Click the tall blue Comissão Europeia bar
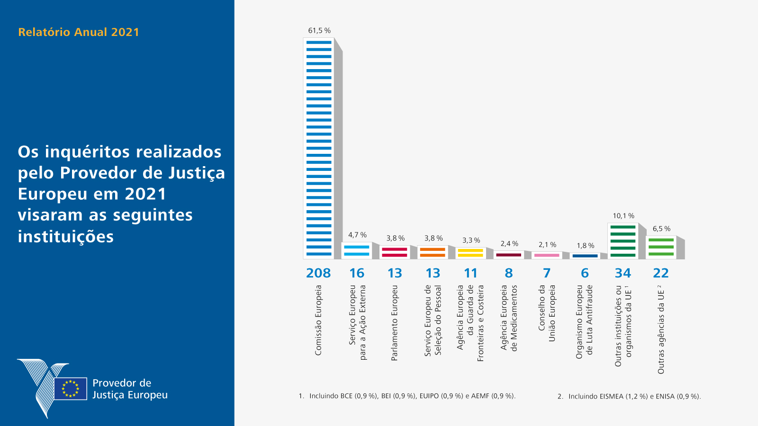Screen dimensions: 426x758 click(319, 148)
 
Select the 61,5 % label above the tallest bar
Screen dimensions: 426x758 click(319, 31)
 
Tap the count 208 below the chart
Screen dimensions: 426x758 click(318, 273)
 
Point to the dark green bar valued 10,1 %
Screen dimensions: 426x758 click(623, 241)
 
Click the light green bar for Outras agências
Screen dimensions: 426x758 click(661, 247)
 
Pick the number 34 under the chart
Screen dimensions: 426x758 click(623, 273)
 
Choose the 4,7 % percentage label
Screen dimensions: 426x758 click(357, 235)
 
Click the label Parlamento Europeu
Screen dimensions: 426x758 click(395, 323)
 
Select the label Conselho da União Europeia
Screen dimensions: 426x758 click(547, 313)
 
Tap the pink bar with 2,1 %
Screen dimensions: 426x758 click(547, 255)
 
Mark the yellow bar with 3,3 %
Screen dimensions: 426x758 click(471, 253)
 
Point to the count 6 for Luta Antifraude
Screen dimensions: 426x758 click(585, 273)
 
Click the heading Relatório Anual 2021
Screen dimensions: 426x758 click(79, 32)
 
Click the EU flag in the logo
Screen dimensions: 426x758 click(71, 389)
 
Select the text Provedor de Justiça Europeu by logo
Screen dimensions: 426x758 click(130, 389)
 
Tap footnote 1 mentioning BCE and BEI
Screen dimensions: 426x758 click(407, 396)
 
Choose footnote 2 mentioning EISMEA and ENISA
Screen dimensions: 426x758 click(629, 396)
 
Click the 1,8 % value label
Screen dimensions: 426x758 click(585, 246)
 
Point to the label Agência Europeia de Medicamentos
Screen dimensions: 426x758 click(509, 318)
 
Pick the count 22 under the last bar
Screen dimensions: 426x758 click(661, 273)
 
